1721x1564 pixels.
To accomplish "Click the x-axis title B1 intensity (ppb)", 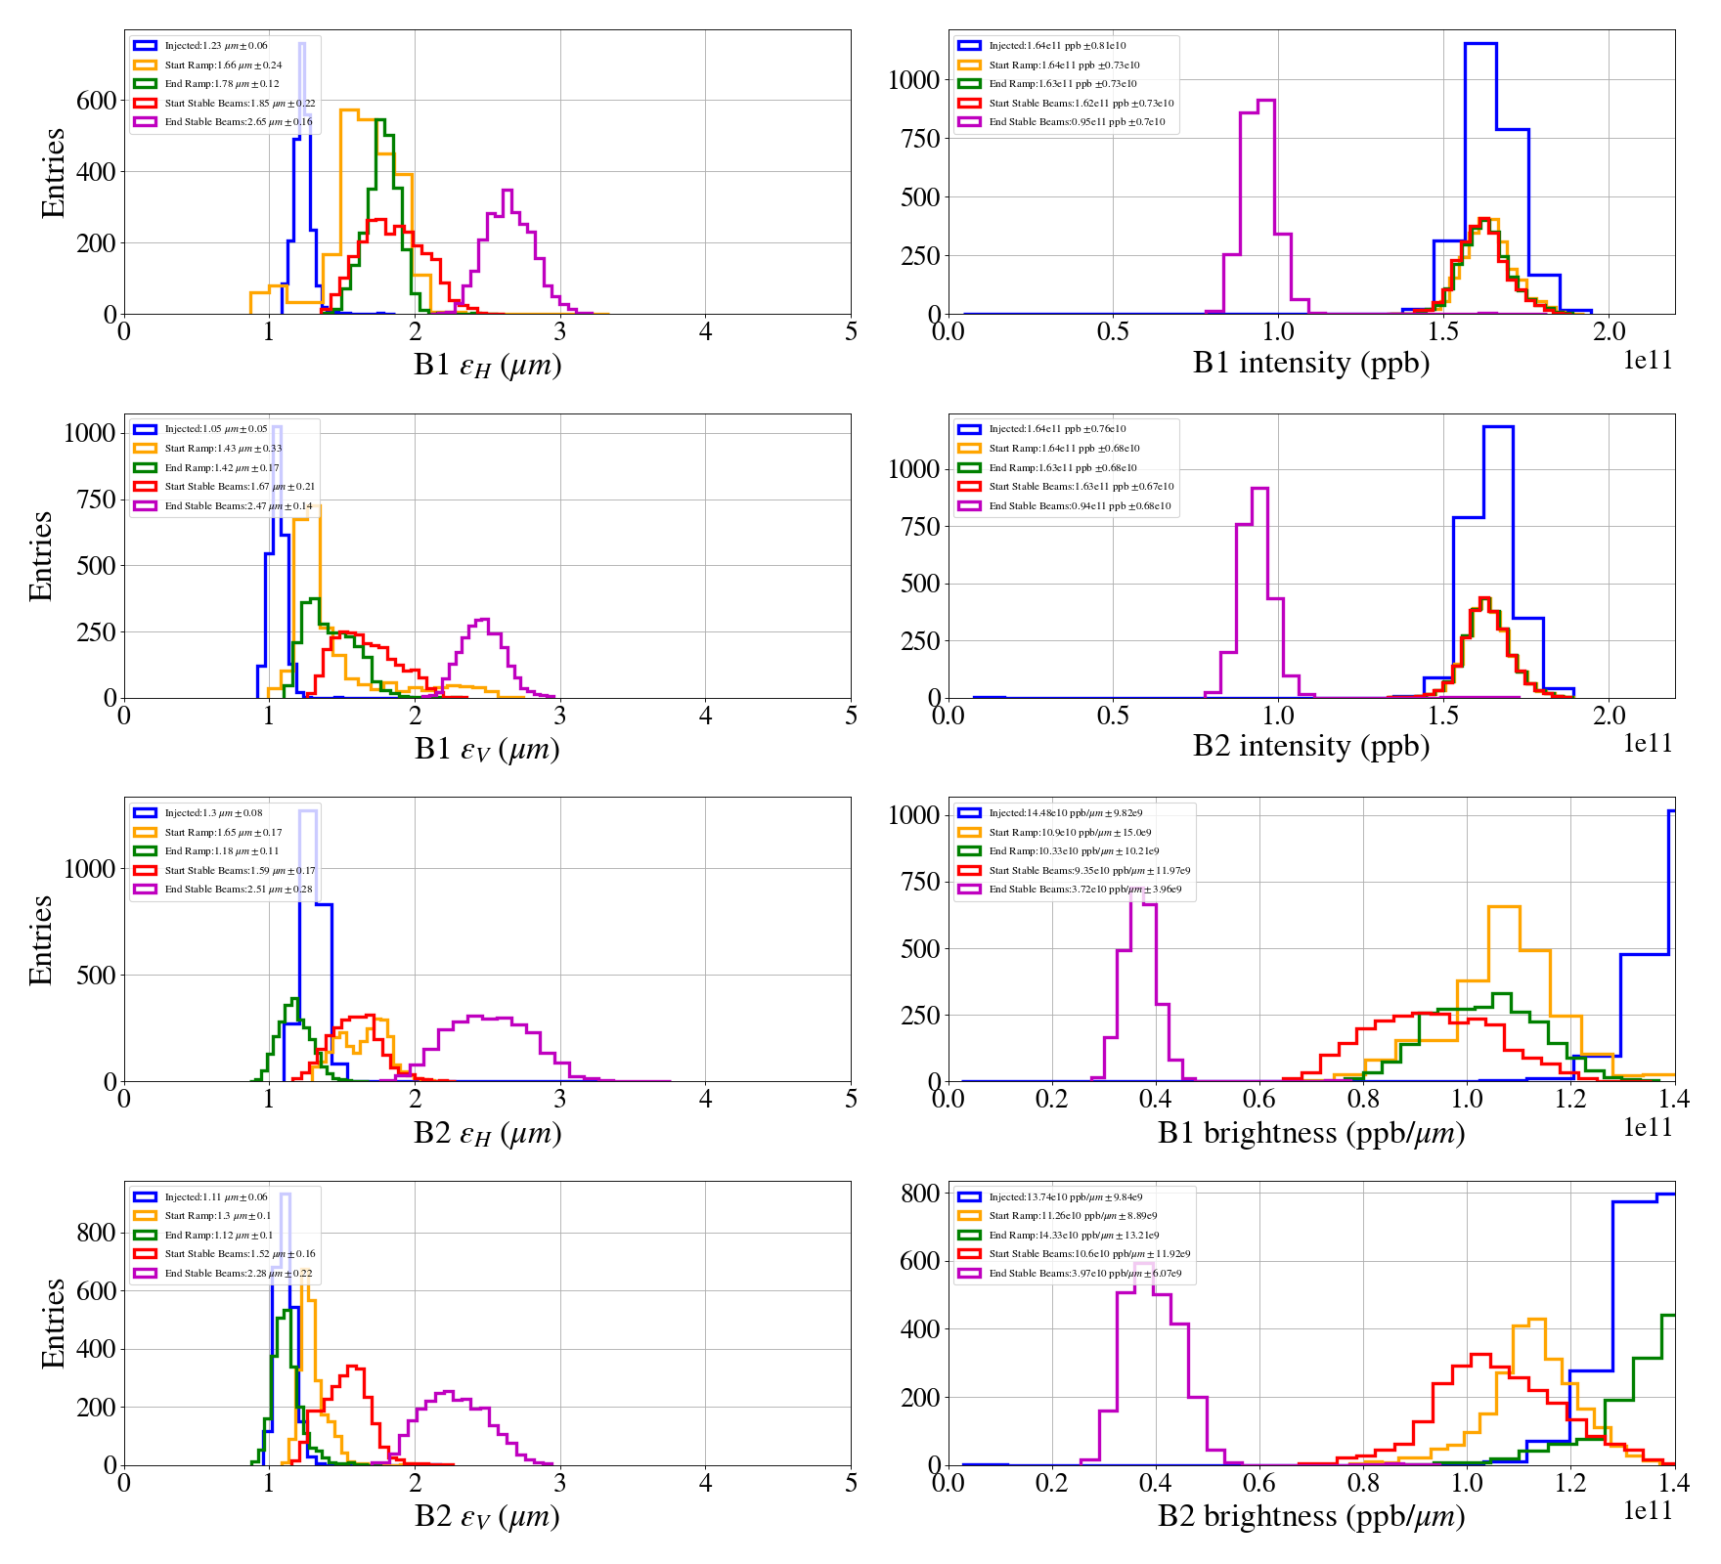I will [x=1310, y=363].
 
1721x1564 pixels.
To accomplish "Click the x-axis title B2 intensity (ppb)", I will [x=1310, y=746].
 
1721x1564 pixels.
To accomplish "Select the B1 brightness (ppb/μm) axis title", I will [x=1310, y=1132].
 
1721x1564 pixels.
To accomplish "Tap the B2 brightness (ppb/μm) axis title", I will [x=1310, y=1515].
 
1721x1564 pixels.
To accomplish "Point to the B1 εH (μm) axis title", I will [x=487, y=365].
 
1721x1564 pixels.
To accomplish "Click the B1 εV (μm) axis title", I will [x=487, y=749].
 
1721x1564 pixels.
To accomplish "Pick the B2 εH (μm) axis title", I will [x=487, y=1133].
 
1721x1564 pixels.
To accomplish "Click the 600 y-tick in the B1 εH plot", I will [x=96, y=101].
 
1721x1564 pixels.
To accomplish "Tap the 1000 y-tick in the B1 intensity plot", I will [x=913, y=80].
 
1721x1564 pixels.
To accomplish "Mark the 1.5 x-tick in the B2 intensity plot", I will [x=1443, y=715].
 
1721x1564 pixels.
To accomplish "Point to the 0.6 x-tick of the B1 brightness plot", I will [x=1258, y=1098].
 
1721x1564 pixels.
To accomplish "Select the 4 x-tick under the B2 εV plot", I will [x=705, y=1482].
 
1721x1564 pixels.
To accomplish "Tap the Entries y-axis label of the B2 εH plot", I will [x=41, y=939].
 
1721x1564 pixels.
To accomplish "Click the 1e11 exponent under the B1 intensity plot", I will [x=1648, y=360].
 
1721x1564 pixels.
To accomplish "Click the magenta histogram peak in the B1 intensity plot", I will [x=1265, y=101].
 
